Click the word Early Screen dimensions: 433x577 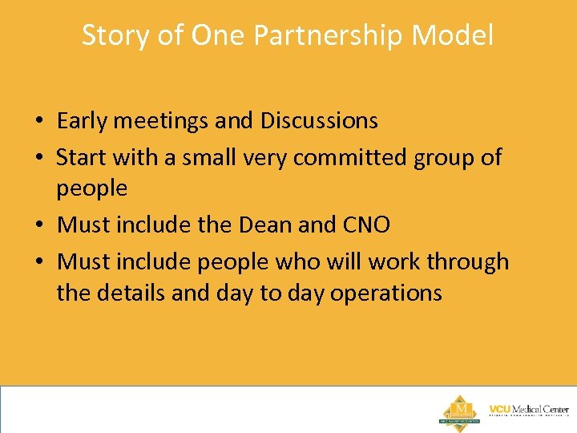click(83, 121)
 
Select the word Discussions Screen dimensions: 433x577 click(319, 121)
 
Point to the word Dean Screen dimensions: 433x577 click(264, 225)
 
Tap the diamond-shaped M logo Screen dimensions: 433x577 click(459, 410)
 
